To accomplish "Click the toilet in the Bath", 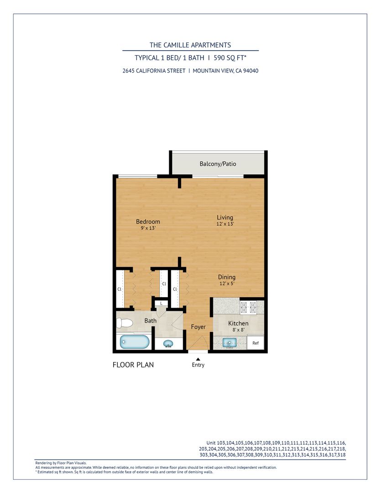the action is pyautogui.click(x=125, y=323).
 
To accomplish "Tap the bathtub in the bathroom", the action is pyautogui.click(x=135, y=342).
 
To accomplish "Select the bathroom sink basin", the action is pyautogui.click(x=169, y=344).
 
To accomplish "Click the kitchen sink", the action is pyautogui.click(x=230, y=343).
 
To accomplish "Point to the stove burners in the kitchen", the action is pyautogui.click(x=248, y=308).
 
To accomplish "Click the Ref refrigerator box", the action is pyautogui.click(x=256, y=343).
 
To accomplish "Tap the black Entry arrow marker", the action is pyautogui.click(x=198, y=359).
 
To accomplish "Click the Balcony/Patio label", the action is pyautogui.click(x=218, y=164).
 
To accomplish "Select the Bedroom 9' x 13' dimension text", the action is pyautogui.click(x=148, y=228).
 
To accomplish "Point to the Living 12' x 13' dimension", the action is pyautogui.click(x=225, y=224).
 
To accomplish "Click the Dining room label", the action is pyautogui.click(x=227, y=277).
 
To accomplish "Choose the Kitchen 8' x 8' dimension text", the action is pyautogui.click(x=238, y=330).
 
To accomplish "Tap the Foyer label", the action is pyautogui.click(x=198, y=327).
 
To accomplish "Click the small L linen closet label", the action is pyautogui.click(x=162, y=304).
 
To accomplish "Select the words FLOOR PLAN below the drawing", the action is pyautogui.click(x=133, y=365).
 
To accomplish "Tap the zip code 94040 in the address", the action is pyautogui.click(x=251, y=71).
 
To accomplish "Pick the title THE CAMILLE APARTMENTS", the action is pyautogui.click(x=190, y=45).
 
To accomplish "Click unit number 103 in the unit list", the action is pyautogui.click(x=221, y=443).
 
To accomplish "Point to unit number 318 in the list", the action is pyautogui.click(x=341, y=455).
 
